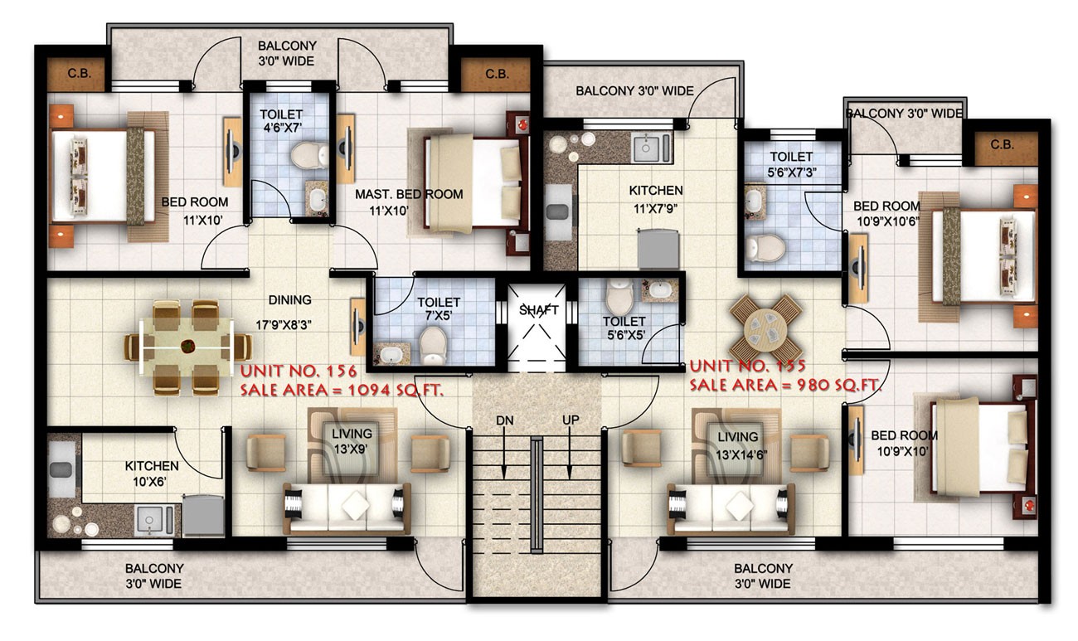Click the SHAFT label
coord(538,310)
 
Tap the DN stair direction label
coord(504,420)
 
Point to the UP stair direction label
coord(571,420)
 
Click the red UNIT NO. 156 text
coord(299,371)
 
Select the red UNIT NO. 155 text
coord(747,366)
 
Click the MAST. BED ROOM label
coord(409,194)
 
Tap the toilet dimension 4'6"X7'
coord(281,128)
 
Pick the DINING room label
coord(289,300)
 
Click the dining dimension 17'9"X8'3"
coord(283,325)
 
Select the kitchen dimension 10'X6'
coord(149,481)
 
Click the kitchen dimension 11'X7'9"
coord(655,209)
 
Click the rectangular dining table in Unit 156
coord(187,347)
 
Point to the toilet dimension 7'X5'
coord(439,317)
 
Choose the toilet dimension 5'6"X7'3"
coord(792,172)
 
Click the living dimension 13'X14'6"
coord(741,454)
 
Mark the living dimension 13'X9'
coord(351,449)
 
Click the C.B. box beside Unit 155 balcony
coord(1003,145)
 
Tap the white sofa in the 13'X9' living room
coord(347,508)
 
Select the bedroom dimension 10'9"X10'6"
coord(888,222)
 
